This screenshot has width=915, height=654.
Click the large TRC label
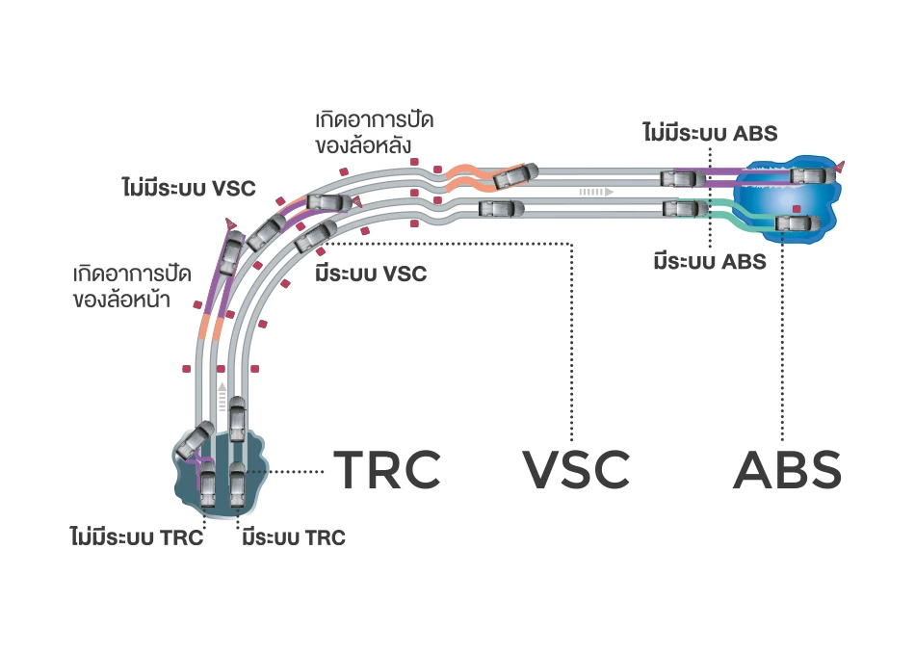click(x=386, y=470)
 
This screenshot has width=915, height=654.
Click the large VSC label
click(x=576, y=470)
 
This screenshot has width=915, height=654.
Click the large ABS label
click(x=787, y=470)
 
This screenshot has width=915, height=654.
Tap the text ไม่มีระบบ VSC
click(x=189, y=186)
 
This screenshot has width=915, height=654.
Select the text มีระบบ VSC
click(x=371, y=274)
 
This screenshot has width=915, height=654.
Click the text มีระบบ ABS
click(x=710, y=260)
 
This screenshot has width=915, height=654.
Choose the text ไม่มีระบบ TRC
click(x=136, y=537)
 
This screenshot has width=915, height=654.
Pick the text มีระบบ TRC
click(x=294, y=537)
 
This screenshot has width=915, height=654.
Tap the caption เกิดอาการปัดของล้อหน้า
click(x=121, y=286)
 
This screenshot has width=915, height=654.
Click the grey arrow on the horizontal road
click(x=596, y=192)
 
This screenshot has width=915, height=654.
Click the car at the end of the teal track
click(x=796, y=224)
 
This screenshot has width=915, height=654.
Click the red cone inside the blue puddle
click(x=796, y=208)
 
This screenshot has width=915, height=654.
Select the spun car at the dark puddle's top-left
click(x=197, y=438)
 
